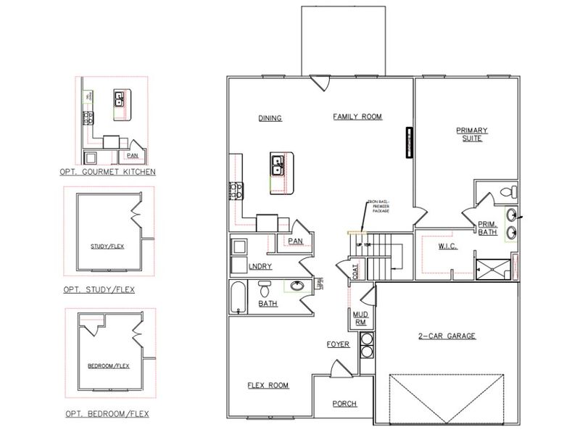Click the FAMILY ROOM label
click(x=357, y=117)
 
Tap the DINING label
click(x=270, y=118)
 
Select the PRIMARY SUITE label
click(x=471, y=134)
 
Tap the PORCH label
click(x=344, y=403)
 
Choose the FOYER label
click(x=339, y=344)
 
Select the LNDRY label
click(x=260, y=267)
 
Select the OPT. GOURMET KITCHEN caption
click(x=108, y=172)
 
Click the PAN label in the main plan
click(x=294, y=241)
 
